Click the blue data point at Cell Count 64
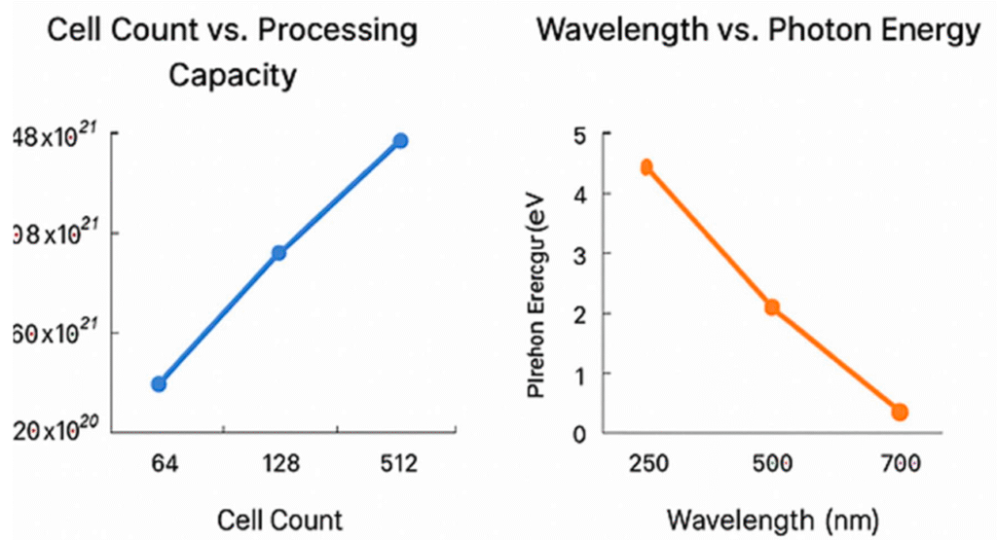pyautogui.click(x=159, y=383)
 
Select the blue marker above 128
pyautogui.click(x=278, y=253)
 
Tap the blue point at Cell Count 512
pyautogui.click(x=400, y=141)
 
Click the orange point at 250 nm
pyautogui.click(x=646, y=167)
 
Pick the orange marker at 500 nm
pyautogui.click(x=772, y=307)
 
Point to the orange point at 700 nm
pyautogui.click(x=900, y=413)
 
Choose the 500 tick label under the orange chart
pyautogui.click(x=773, y=464)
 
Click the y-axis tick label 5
pyautogui.click(x=580, y=134)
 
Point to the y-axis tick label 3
pyautogui.click(x=580, y=254)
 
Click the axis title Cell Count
pyautogui.click(x=280, y=520)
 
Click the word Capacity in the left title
pyautogui.click(x=233, y=76)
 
